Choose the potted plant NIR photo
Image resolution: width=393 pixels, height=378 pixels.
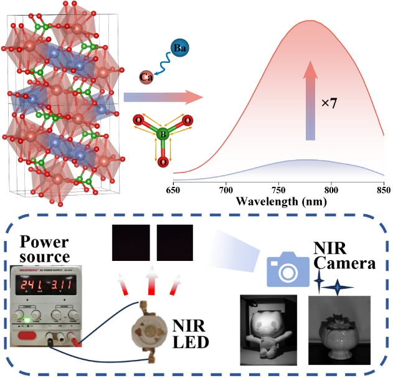click(x=339, y=330)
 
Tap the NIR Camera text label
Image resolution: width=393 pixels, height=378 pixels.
click(x=341, y=256)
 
